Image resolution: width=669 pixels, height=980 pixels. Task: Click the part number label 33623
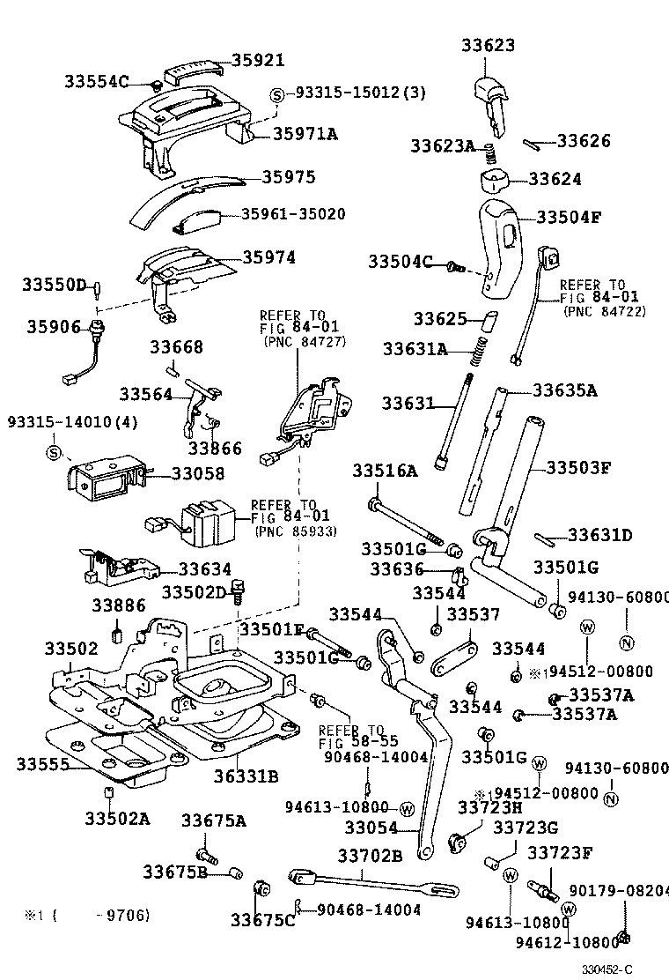click(489, 45)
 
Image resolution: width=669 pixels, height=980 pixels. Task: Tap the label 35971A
click(305, 134)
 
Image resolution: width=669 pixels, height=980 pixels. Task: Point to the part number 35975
click(288, 176)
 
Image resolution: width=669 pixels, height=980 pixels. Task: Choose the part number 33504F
click(568, 217)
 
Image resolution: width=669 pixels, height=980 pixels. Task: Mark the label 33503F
click(577, 466)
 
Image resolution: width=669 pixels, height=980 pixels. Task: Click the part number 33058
click(198, 473)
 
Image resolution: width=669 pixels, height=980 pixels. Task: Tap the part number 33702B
click(370, 854)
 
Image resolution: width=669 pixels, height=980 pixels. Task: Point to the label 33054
click(371, 828)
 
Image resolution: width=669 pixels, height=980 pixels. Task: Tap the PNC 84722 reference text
click(604, 310)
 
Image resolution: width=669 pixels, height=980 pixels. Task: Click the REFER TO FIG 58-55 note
click(351, 736)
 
